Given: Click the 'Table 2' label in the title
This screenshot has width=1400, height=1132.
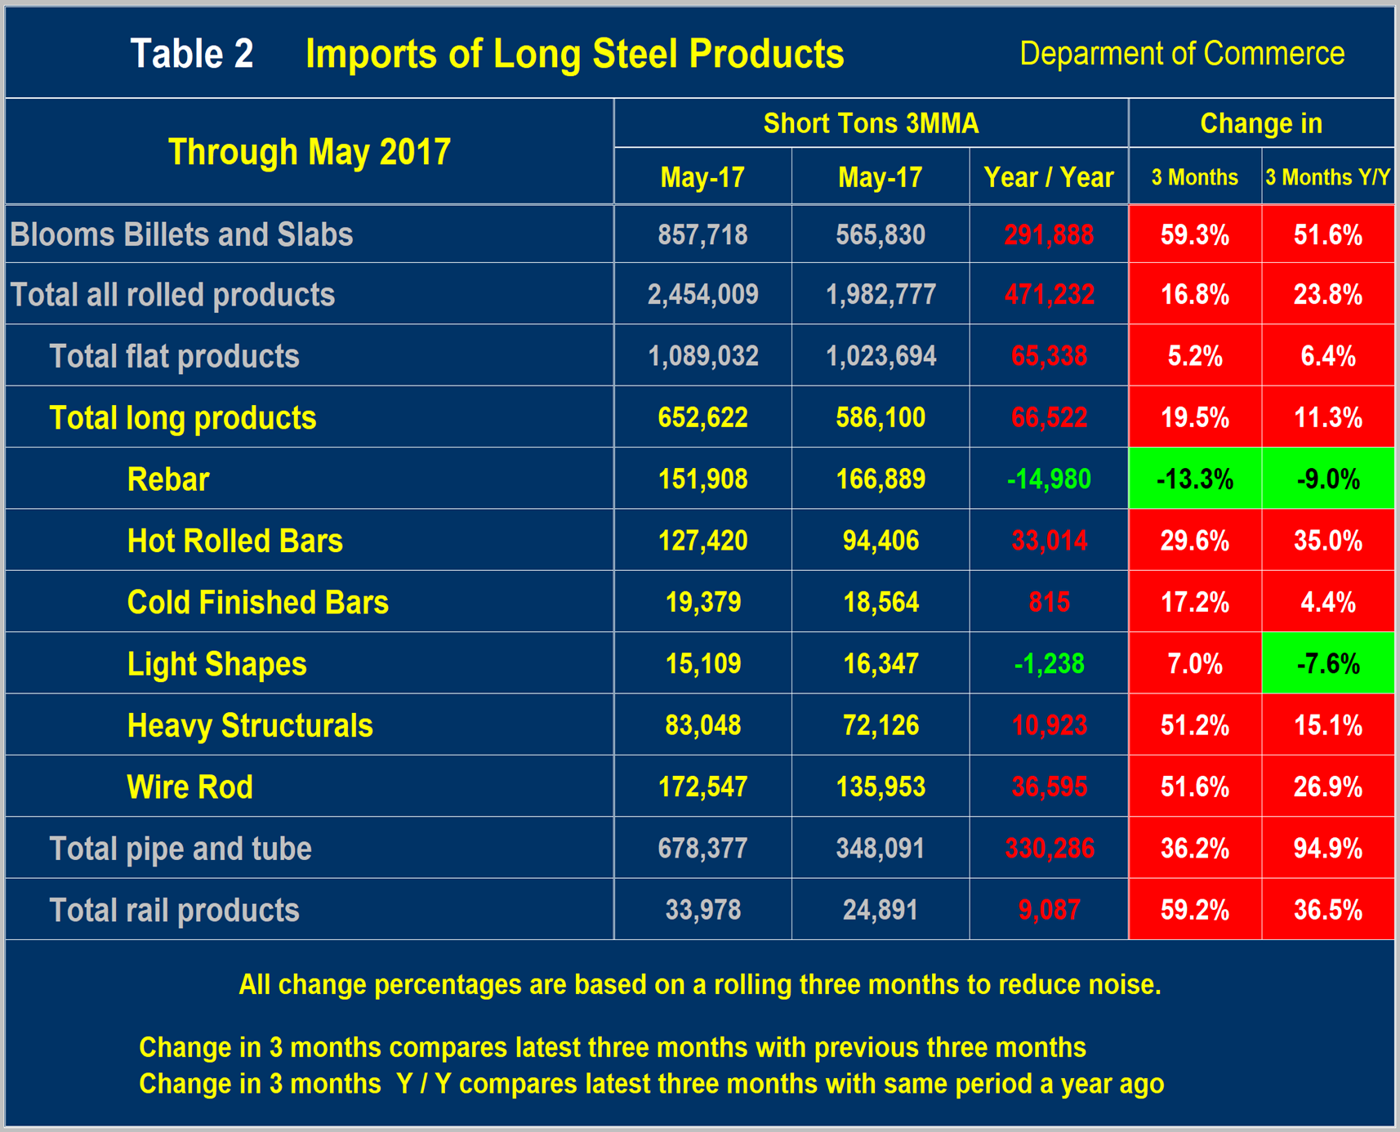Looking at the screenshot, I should pos(192,54).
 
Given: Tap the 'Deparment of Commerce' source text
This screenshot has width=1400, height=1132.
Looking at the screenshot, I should pos(1181,54).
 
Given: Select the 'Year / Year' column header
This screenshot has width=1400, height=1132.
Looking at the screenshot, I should pos(1048,177).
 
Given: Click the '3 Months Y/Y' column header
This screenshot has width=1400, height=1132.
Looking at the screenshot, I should pos(1327,177).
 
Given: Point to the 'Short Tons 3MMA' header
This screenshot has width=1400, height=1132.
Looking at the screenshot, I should pos(871,123).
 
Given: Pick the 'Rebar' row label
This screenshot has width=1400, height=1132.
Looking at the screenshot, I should pos(168,479).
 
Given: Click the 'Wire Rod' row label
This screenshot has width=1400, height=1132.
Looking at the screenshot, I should pos(189,787).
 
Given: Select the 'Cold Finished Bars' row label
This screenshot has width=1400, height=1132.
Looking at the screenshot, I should pos(257,603).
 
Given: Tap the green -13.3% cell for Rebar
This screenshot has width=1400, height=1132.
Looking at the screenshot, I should pos(1194,479).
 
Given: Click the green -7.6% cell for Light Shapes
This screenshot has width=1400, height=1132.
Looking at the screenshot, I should pos(1327,664).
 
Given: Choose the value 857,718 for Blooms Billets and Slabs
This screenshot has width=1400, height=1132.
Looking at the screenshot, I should pos(702,235).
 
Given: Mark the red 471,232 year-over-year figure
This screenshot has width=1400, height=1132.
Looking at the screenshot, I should pos(1049,295).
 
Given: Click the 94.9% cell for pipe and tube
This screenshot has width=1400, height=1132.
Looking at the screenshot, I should pos(1327,849).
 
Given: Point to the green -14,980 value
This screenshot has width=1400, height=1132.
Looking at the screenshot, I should pos(1049,479).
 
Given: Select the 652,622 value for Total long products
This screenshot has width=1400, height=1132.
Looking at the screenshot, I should pos(702,418).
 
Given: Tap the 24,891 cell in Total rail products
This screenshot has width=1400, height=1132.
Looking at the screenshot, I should pos(881,910).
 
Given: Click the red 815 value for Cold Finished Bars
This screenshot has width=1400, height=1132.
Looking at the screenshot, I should pos(1049,603).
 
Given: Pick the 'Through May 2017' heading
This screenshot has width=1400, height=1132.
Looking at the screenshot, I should pos(309,152).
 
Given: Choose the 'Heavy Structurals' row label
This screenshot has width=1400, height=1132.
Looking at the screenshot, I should pos(249,726).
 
